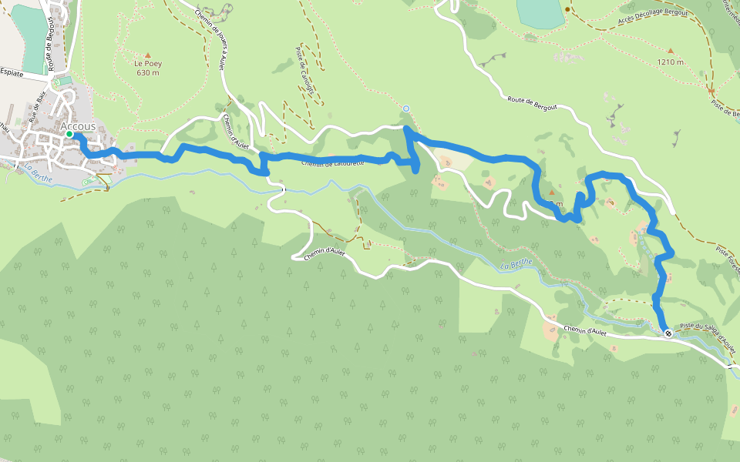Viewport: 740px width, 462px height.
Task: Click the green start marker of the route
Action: pos(69,134)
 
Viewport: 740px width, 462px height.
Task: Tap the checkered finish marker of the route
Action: pos(668,333)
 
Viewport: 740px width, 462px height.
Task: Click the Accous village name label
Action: pos(79,126)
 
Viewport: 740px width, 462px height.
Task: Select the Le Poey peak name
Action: pos(147,64)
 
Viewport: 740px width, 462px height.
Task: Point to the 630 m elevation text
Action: pos(147,73)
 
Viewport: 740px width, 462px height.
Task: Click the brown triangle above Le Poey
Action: pos(147,55)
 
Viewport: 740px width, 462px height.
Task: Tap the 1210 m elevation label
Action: pos(670,62)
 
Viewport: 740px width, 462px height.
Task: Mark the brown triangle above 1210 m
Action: pos(670,51)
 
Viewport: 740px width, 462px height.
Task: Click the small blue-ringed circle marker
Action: pos(405,109)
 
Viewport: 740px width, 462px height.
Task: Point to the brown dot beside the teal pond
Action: pos(567,9)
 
